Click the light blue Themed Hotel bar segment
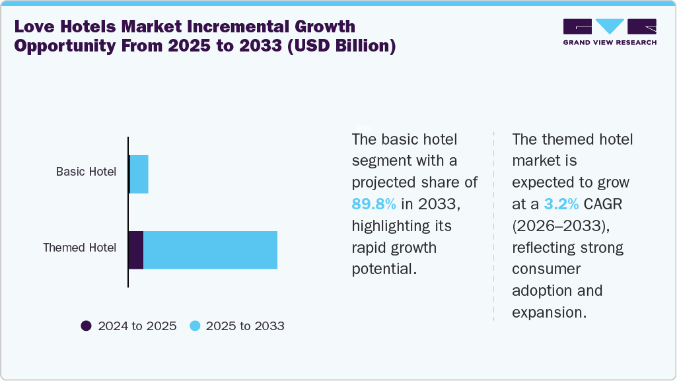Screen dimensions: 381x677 pyautogui.click(x=210, y=250)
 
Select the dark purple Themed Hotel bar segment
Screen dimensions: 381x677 pyautogui.click(x=136, y=250)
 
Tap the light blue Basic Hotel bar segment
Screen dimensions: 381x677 pyautogui.click(x=139, y=174)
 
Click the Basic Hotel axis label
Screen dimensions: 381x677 pyautogui.click(x=86, y=172)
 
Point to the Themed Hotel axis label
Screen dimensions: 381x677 pyautogui.click(x=79, y=248)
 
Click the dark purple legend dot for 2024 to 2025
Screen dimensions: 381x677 pyautogui.click(x=86, y=326)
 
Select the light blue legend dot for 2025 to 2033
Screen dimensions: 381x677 pyautogui.click(x=194, y=326)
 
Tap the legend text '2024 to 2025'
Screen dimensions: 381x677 pyautogui.click(x=137, y=326)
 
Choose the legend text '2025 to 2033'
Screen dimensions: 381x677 pyautogui.click(x=245, y=326)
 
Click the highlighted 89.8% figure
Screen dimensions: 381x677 pyautogui.click(x=373, y=204)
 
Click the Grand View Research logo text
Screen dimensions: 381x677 pyautogui.click(x=609, y=42)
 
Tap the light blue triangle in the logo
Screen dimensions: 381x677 pyautogui.click(x=609, y=26)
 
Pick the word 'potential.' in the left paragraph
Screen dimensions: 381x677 pyautogui.click(x=384, y=269)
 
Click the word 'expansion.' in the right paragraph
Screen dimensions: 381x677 pyautogui.click(x=550, y=312)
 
